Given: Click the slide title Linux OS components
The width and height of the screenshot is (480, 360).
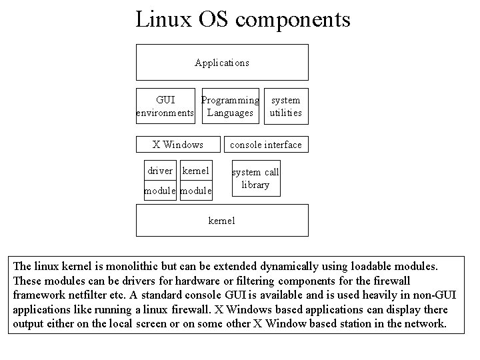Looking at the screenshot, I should tap(243, 19).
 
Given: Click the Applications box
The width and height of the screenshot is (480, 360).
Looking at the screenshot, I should tap(222, 63).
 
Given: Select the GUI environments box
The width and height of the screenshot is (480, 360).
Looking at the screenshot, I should tap(165, 107).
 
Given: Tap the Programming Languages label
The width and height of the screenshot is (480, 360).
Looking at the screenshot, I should tap(231, 107).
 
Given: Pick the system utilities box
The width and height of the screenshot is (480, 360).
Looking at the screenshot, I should tap(285, 107).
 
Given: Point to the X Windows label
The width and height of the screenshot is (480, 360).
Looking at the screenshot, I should tap(178, 145).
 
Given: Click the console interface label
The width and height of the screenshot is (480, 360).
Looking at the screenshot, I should tap(266, 145).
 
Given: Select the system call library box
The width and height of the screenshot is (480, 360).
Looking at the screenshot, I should tap(255, 178).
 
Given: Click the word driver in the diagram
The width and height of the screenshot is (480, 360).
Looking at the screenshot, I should tap(160, 171).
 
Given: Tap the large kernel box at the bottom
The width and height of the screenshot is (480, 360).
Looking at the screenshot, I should tap(222, 220).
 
